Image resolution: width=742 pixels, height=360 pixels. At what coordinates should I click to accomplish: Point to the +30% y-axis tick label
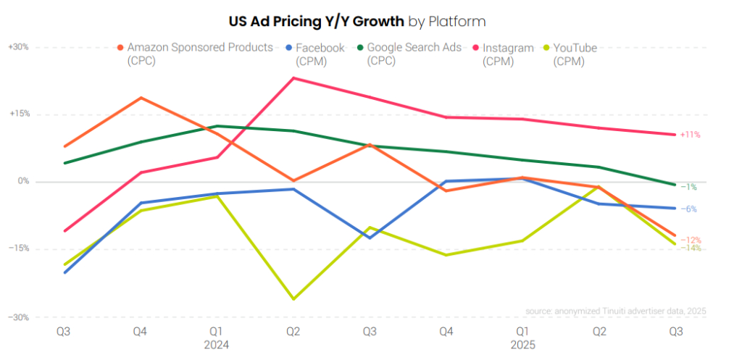coord(18,47)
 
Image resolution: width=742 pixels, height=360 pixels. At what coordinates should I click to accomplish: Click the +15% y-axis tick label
coord(18,114)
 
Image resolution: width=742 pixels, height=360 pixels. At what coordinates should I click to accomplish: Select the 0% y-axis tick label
coord(22,182)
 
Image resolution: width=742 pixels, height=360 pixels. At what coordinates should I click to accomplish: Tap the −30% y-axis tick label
coord(18,317)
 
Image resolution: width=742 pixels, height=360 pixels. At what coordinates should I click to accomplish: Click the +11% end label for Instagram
coord(690,135)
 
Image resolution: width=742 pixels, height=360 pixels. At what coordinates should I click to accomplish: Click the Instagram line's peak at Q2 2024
coord(293,78)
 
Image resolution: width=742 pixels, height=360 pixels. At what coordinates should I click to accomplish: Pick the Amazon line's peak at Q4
coord(141,97)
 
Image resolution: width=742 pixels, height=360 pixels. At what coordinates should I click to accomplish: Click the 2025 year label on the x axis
coord(522,346)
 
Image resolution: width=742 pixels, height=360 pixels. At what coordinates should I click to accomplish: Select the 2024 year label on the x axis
coord(217,346)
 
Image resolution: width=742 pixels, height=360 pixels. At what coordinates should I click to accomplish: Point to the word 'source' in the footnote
coord(541,311)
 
